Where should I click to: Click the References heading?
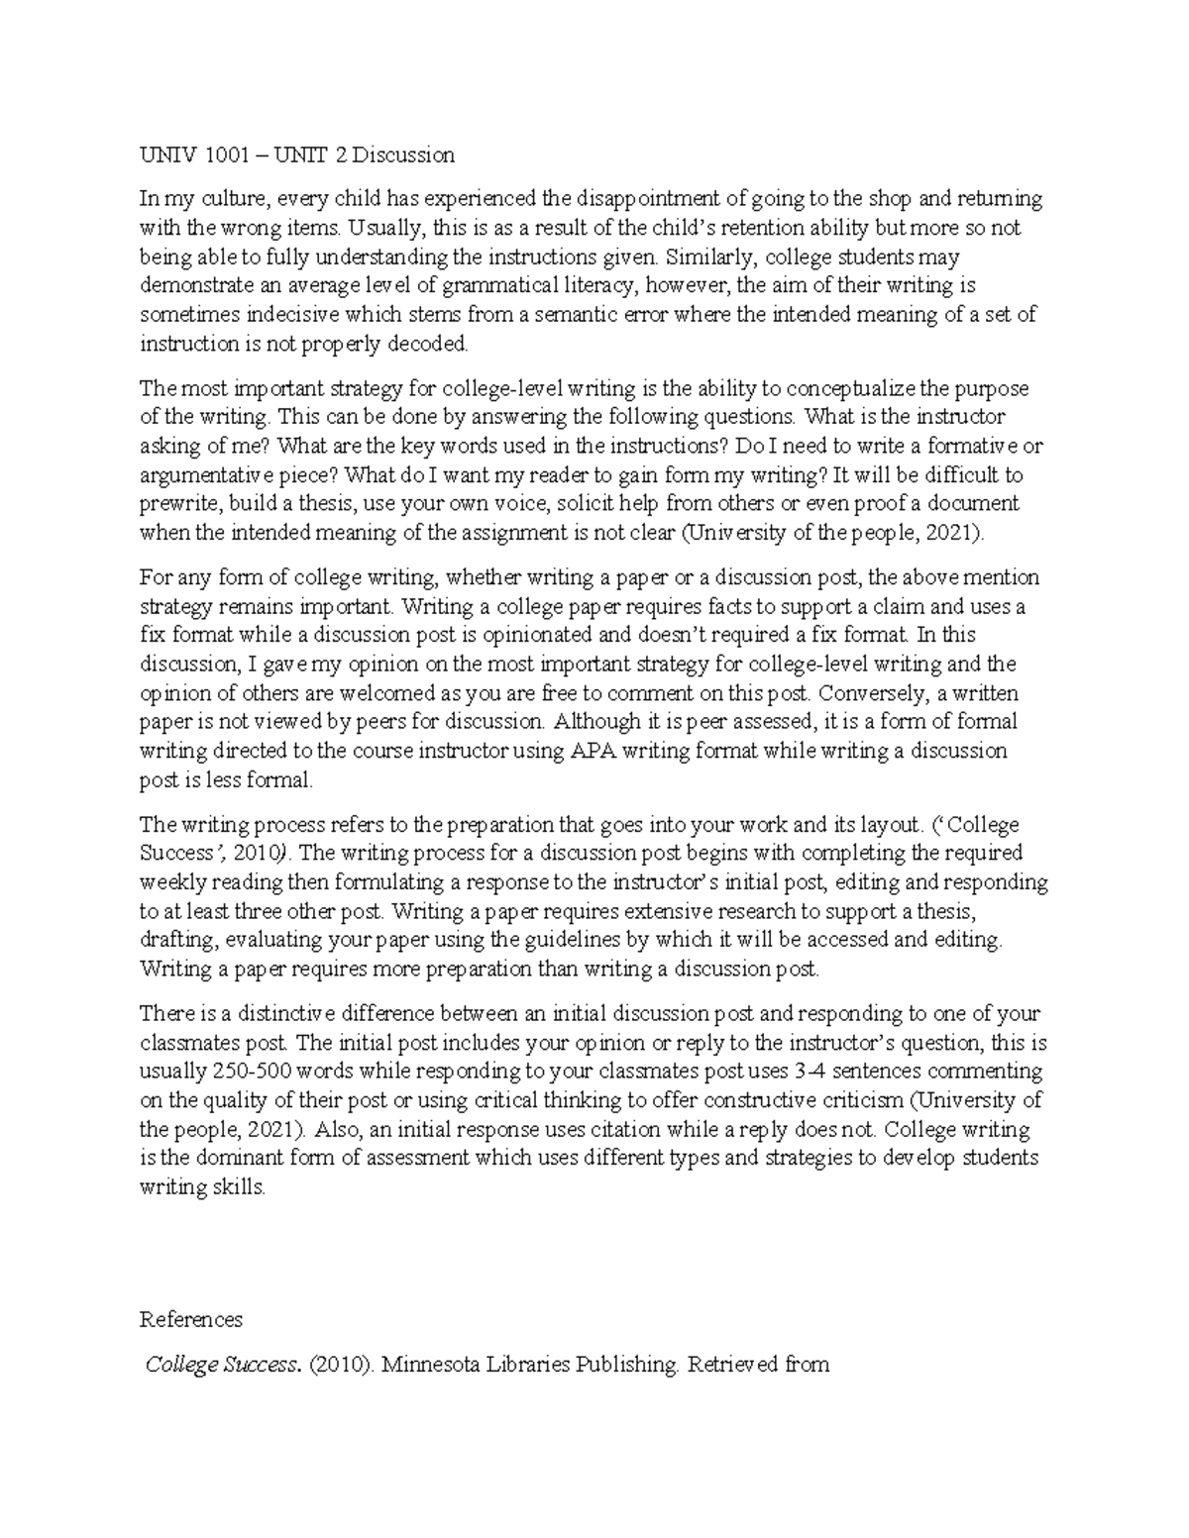(x=191, y=1320)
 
